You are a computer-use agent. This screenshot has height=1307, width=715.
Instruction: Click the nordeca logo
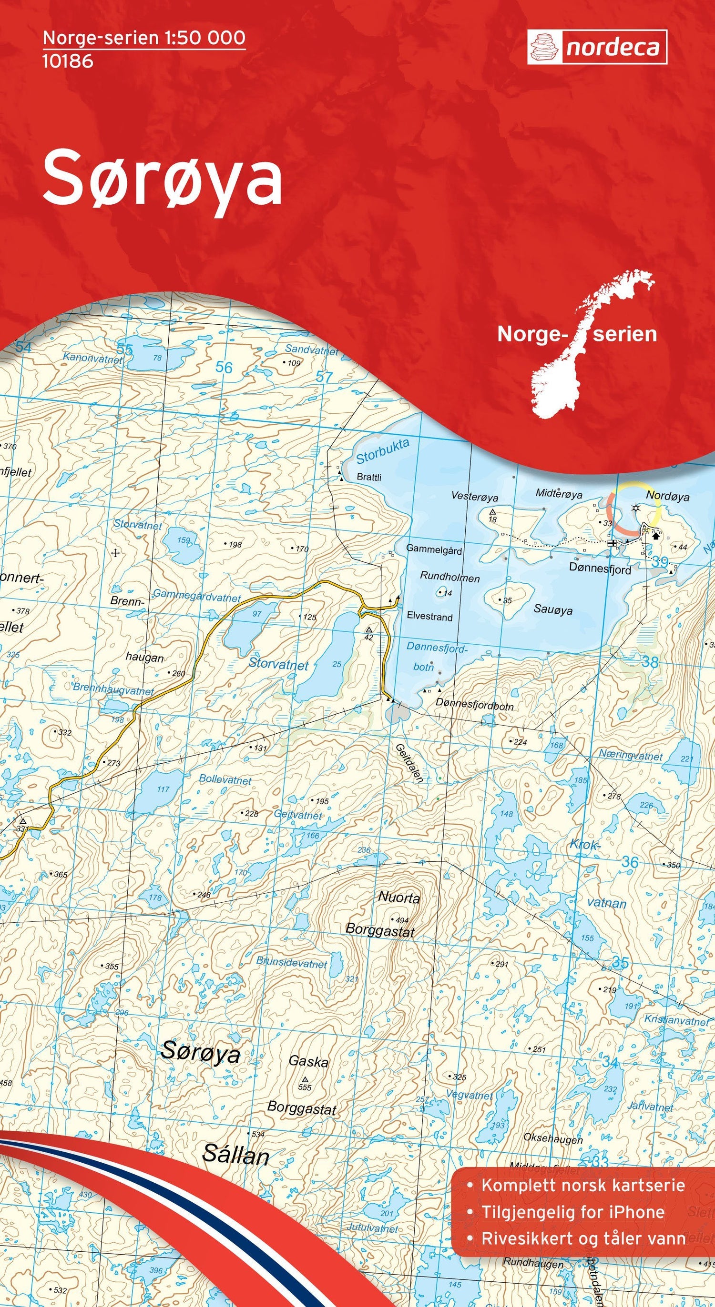click(x=597, y=47)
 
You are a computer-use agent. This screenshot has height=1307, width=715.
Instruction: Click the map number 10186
click(x=68, y=61)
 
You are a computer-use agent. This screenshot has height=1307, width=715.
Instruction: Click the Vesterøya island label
click(x=475, y=497)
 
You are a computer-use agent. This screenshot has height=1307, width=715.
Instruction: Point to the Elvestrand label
click(x=429, y=617)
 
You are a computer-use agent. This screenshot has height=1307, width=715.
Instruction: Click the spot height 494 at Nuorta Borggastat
click(x=401, y=920)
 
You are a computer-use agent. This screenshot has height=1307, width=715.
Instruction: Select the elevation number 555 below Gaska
click(x=305, y=1088)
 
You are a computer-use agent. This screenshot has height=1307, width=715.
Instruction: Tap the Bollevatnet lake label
click(x=225, y=779)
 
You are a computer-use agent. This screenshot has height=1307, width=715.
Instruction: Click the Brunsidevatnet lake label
click(x=292, y=962)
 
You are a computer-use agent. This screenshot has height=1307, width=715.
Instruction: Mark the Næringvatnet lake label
click(x=631, y=756)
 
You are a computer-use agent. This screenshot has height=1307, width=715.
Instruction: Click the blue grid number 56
click(x=224, y=367)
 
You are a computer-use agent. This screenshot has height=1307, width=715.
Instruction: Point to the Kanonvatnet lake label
click(x=92, y=358)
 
